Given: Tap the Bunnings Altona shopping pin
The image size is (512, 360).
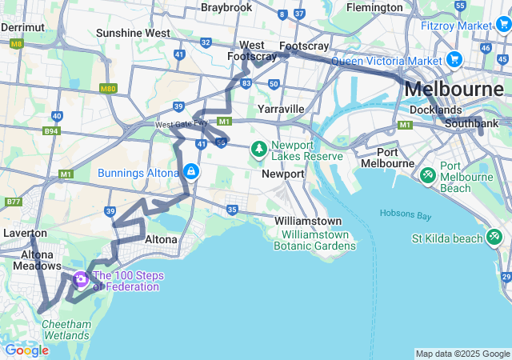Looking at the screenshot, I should coord(191,172).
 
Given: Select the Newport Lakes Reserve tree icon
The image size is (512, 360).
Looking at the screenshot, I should coord(259,149).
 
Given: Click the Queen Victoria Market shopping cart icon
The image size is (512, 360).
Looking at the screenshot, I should coord(454,59).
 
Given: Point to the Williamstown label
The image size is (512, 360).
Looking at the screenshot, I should coord(308,221).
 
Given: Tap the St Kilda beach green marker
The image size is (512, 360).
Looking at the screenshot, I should coord(495,237).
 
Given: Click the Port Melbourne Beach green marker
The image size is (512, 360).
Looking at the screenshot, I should coord(428,174).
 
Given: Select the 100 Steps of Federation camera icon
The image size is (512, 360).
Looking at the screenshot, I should coord(80,279).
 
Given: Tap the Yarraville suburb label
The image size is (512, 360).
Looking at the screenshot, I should coord(281,108).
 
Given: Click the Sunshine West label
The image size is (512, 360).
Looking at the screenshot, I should coord(133,33).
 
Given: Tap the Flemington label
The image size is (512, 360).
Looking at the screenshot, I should coord(375,7).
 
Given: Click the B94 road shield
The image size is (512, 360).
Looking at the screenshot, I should coord(52,130).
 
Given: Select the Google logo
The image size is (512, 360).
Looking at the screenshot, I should coord(26,350).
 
